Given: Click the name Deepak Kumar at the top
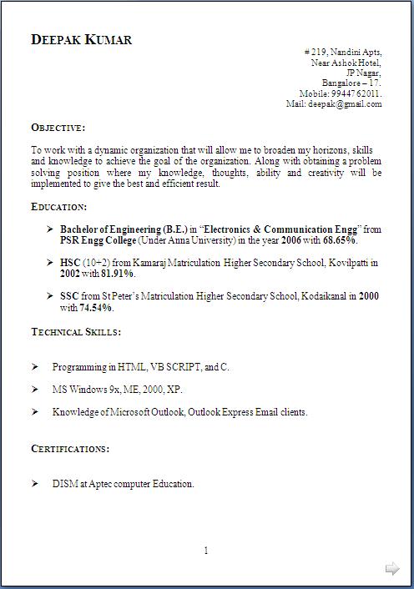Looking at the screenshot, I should pyautogui.click(x=81, y=40).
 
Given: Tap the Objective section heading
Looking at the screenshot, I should pyautogui.click(x=58, y=128).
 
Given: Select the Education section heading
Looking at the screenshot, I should pyautogui.click(x=59, y=206).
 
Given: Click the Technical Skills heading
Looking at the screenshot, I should pyautogui.click(x=76, y=332).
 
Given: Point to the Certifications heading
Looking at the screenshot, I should pyautogui.click(x=70, y=449).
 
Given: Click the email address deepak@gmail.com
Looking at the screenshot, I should pyautogui.click(x=346, y=104).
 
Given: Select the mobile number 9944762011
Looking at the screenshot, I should pyautogui.click(x=356, y=94).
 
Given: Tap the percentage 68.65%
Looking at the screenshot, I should pyautogui.click(x=340, y=240).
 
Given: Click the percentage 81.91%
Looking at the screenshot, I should pyautogui.click(x=118, y=273).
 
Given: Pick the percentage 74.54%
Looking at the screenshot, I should pyautogui.click(x=96, y=307).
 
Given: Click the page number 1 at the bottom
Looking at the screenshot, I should pyautogui.click(x=206, y=551).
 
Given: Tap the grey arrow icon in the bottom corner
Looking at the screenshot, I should pyautogui.click(x=392, y=569).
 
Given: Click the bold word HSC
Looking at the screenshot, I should pyautogui.click(x=70, y=262).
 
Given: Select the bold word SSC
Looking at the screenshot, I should pyautogui.click(x=69, y=296).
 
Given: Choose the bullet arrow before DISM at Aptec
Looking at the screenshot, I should pyautogui.click(x=35, y=484).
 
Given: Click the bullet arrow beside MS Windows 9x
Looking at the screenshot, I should pyautogui.click(x=35, y=390).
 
